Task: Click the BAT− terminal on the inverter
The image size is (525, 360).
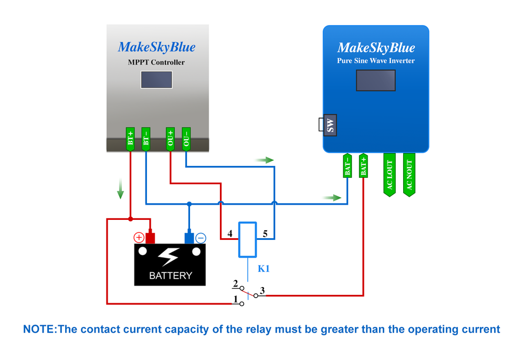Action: (x=347, y=166)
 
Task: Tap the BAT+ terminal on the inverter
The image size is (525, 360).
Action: (x=363, y=166)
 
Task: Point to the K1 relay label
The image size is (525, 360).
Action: (x=264, y=269)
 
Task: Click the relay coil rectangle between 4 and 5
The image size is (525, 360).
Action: (x=247, y=239)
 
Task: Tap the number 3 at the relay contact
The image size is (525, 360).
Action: (x=262, y=290)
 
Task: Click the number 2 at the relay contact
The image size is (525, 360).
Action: (x=236, y=283)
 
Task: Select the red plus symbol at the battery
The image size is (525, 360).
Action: (x=139, y=238)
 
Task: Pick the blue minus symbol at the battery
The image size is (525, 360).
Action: (x=201, y=238)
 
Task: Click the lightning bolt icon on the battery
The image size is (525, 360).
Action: (x=169, y=257)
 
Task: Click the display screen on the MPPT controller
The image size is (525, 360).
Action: (x=156, y=80)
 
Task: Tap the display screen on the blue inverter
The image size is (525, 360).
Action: (x=375, y=81)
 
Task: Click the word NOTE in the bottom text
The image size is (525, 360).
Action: (x=39, y=330)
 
